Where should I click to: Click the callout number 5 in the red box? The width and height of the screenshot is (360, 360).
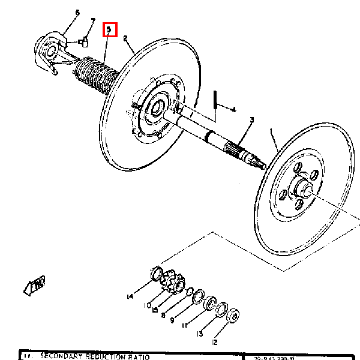(x=109, y=29)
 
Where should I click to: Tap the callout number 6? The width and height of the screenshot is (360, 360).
(x=77, y=13)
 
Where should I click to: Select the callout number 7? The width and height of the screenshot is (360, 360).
(x=92, y=22)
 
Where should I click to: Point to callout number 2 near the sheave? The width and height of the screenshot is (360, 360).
(x=125, y=38)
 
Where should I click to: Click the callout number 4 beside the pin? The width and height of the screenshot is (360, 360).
(x=233, y=109)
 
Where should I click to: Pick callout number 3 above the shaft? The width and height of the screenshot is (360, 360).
(x=251, y=120)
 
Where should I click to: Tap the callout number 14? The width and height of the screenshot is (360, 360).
(x=129, y=296)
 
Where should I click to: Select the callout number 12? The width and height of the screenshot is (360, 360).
(x=213, y=343)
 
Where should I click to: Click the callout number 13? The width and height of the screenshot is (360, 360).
(x=199, y=334)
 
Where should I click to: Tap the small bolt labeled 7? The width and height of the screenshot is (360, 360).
(x=83, y=41)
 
